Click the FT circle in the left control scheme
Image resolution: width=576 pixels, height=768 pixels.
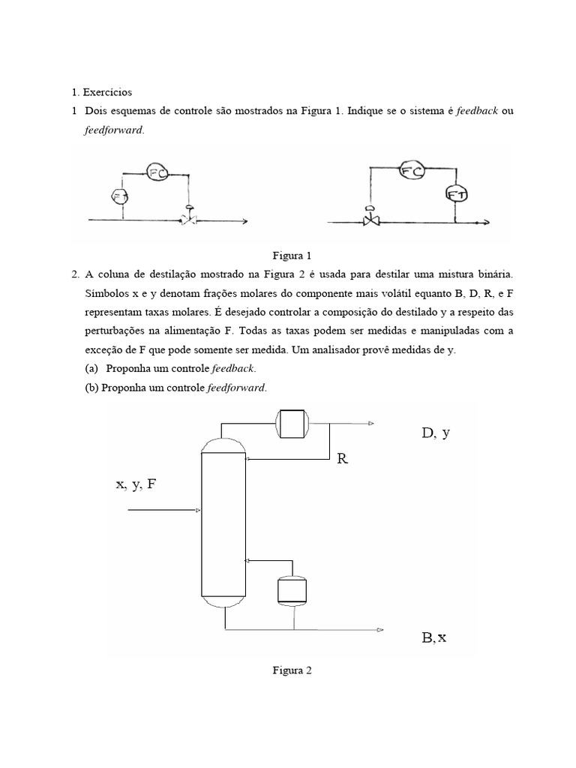tap(121, 196)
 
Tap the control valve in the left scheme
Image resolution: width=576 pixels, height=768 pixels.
tap(189, 220)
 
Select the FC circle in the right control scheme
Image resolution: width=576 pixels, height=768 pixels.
tap(412, 171)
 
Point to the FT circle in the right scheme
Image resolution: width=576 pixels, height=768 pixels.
tap(456, 194)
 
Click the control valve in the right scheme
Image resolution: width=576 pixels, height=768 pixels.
tap(370, 220)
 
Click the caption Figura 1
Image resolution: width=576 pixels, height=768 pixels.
tap(287, 255)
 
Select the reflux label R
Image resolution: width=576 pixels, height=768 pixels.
tap(343, 458)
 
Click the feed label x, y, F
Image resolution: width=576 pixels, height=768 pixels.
tap(136, 484)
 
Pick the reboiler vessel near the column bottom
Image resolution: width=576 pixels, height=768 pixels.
tap(291, 590)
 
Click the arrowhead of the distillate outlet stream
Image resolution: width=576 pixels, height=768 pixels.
tap(370, 424)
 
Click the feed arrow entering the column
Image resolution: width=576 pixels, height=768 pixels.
tap(165, 511)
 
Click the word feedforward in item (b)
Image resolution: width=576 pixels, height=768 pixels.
tap(239, 388)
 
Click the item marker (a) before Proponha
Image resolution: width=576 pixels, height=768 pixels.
tap(92, 368)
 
